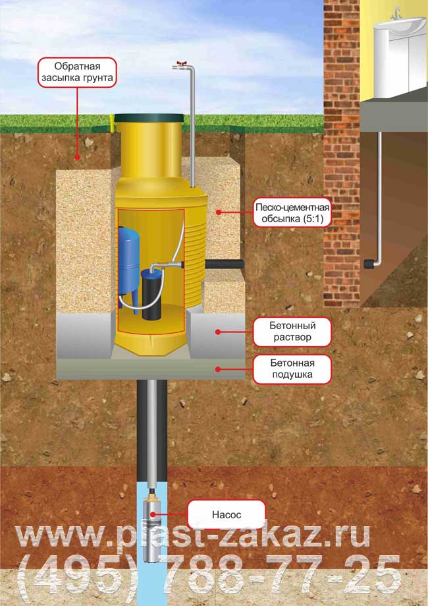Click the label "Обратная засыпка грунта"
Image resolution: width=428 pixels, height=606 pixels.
77,73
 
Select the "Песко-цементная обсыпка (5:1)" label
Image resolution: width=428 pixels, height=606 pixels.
292,212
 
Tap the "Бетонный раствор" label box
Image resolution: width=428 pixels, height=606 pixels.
292,332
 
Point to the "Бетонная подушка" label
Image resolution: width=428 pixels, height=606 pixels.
292,369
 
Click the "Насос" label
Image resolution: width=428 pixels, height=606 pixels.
227,514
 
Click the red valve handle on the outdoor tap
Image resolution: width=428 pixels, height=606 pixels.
180,63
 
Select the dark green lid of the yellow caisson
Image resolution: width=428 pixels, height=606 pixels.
149,118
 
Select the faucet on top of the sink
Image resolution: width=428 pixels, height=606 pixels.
395,14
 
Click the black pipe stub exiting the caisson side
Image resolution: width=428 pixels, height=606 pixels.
225,264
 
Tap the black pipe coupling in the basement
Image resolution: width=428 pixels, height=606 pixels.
369,264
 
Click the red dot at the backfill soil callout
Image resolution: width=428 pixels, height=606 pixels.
77,158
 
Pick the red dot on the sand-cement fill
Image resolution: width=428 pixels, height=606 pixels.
218,212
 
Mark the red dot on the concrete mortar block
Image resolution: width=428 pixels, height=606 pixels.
218,332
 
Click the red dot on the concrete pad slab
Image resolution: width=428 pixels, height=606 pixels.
218,369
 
